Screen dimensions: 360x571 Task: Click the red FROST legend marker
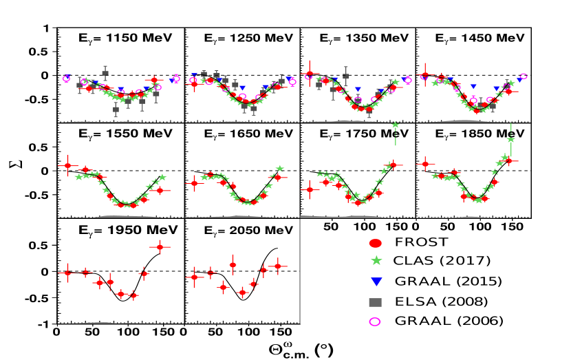click(x=375, y=243)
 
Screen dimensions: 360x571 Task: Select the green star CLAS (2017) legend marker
click(x=375, y=262)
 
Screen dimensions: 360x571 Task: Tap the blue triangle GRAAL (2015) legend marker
click(x=375, y=282)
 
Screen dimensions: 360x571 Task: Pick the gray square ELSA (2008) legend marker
click(x=375, y=301)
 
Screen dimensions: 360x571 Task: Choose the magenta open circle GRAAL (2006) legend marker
click(x=375, y=320)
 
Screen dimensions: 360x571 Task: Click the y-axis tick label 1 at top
click(x=45, y=28)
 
